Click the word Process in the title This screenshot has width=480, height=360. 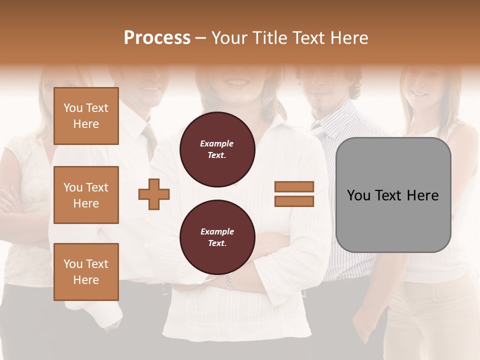(x=157, y=37)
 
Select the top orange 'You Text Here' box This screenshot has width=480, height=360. (x=86, y=116)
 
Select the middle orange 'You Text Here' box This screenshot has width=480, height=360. (x=86, y=195)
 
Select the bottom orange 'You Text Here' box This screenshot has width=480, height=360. (x=86, y=271)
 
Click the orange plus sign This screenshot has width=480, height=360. (x=154, y=194)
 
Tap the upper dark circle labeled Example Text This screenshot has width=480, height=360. (x=217, y=149)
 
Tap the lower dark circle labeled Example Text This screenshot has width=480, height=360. (x=217, y=237)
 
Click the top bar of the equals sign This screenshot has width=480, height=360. (x=294, y=186)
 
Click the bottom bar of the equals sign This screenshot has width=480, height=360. (x=294, y=201)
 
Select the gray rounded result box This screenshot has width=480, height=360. (x=393, y=220)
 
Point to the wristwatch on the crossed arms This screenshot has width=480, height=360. (x=229, y=283)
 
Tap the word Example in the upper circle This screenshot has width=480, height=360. (x=217, y=143)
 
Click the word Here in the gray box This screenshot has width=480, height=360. (x=422, y=195)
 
